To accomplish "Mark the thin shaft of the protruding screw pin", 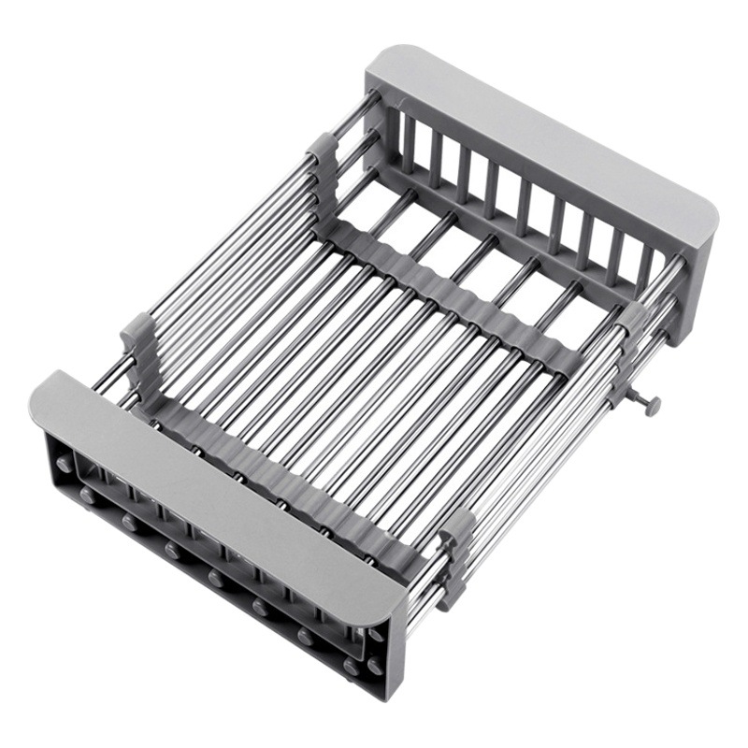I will point(636,399).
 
